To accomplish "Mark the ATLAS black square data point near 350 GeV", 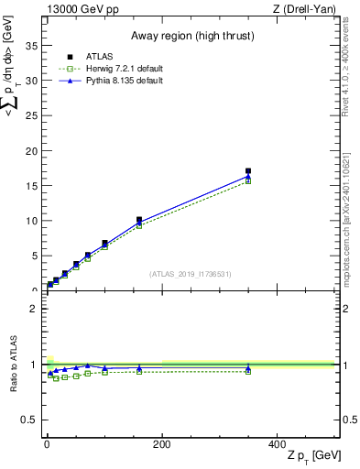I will pos(248,171).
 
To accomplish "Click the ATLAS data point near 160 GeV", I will pos(139,221).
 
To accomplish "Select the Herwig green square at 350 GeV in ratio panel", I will pos(248,371).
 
